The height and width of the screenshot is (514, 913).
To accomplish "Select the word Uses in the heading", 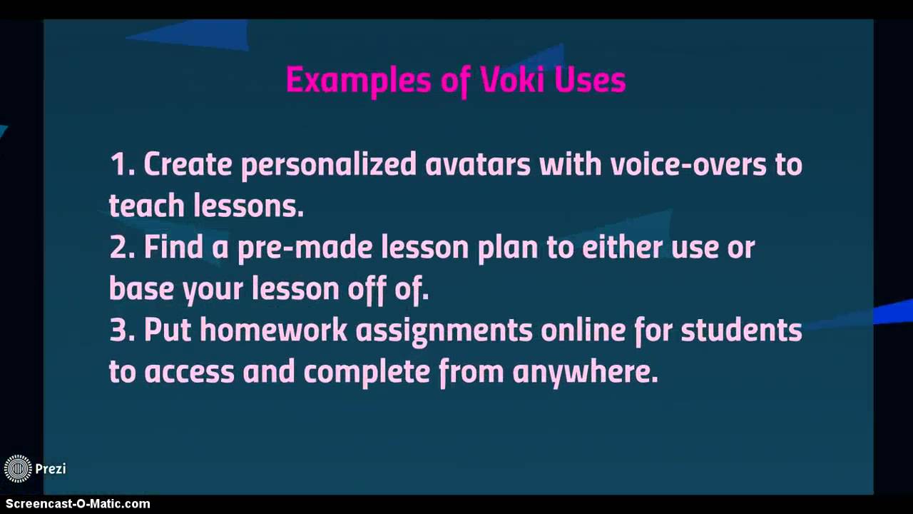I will coord(590,80).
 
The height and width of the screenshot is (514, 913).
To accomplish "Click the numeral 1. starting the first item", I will coord(122,165).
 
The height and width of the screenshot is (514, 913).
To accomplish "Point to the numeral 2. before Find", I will coord(122,248).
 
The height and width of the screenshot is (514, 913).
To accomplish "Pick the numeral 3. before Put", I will coord(122,331).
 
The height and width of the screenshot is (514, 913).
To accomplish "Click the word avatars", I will coord(477,165).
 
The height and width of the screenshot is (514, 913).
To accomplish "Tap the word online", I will coord(582,331).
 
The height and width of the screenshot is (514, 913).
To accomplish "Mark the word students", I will coord(741,331).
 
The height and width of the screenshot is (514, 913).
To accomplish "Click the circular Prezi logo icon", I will coord(18,469).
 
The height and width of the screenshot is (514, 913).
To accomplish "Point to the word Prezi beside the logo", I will coord(51,469).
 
